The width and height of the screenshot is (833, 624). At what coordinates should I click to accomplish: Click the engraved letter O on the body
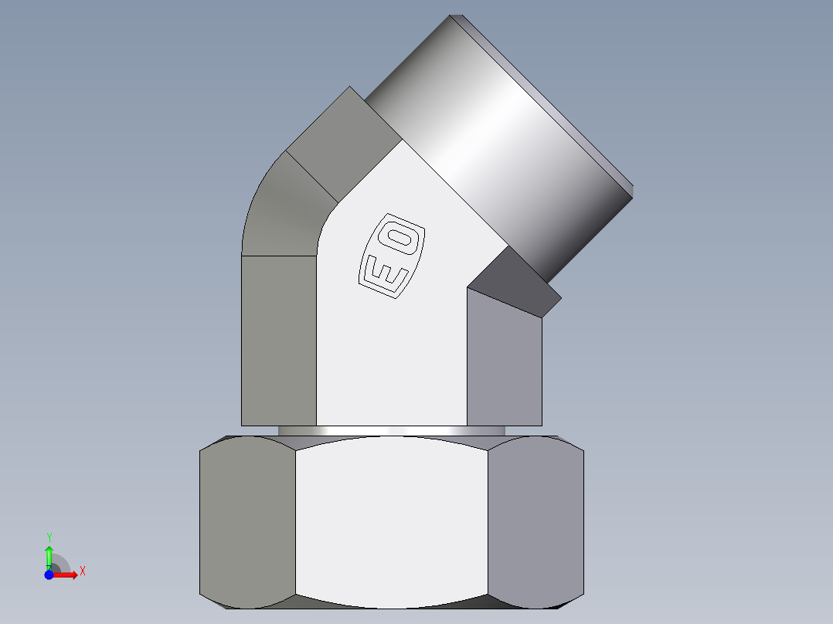click(403, 238)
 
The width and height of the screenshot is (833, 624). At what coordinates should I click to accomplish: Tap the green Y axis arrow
click(49, 554)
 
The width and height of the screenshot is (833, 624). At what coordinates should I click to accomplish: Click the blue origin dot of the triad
click(49, 575)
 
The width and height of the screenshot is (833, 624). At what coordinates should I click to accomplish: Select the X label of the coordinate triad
click(82, 571)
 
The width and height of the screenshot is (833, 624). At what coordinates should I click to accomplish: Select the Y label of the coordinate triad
click(49, 536)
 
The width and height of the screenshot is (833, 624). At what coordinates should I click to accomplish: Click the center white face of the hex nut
click(391, 521)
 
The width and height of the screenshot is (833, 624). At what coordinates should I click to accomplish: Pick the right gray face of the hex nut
click(535, 521)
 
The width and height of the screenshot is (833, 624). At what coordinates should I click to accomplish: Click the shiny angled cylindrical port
click(495, 147)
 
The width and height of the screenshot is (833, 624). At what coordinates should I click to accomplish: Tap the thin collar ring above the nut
click(391, 430)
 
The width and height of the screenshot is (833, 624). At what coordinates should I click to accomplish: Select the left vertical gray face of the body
click(278, 340)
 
